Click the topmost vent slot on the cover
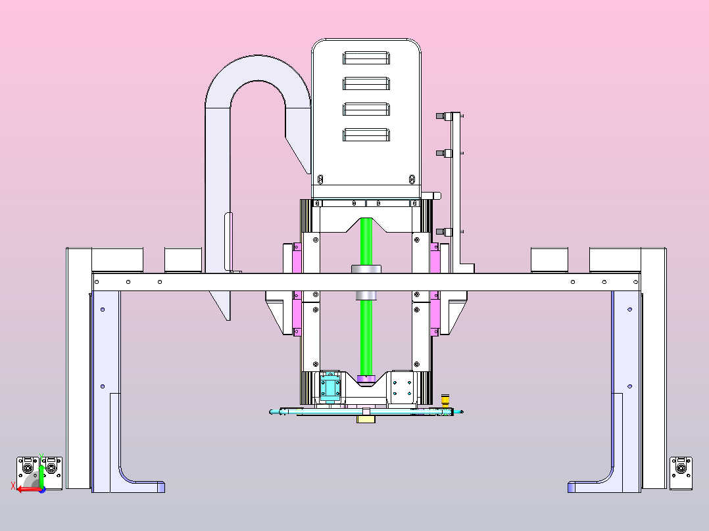pos(366,58)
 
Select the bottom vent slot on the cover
pos(366,135)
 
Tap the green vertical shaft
pos(366,298)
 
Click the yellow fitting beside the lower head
pos(445,400)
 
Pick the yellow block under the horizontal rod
pos(366,419)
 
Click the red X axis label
pos(13,486)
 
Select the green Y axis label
pos(41,456)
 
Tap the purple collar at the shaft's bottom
pos(366,379)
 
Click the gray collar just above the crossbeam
pos(366,269)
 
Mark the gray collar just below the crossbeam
pos(366,296)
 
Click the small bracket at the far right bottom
pos(681,473)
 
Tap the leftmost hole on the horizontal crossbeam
pos(97,282)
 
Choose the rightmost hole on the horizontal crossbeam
pos(636,282)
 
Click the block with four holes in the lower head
pos(402,387)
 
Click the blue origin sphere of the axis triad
pos(42,490)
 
